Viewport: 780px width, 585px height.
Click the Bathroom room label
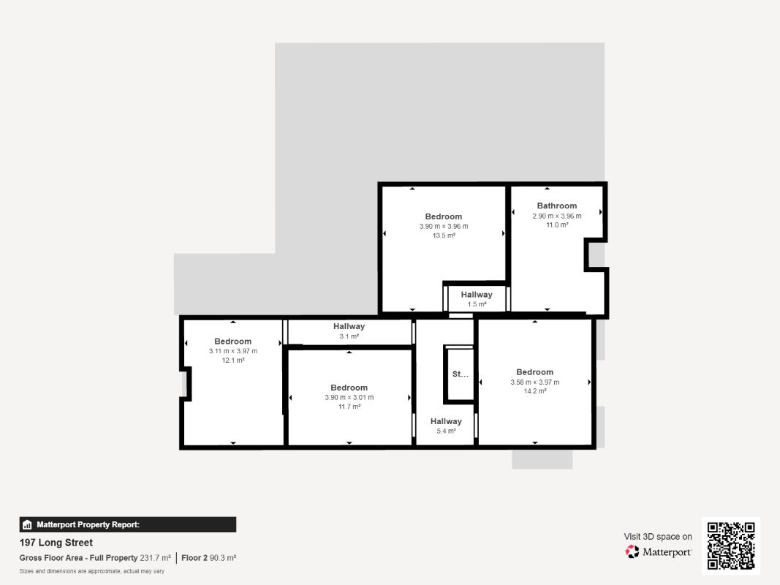(556, 205)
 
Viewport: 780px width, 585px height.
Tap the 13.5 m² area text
(444, 235)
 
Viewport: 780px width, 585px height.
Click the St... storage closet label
(460, 374)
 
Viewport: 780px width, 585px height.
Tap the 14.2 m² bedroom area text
(535, 391)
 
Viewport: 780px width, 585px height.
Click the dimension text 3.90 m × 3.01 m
(349, 398)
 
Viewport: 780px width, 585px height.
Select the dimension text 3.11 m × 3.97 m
(232, 351)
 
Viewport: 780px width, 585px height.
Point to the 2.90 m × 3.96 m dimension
(556, 216)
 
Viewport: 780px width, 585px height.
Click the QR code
(731, 546)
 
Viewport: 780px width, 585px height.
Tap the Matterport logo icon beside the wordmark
(632, 551)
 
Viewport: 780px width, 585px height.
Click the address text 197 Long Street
(56, 543)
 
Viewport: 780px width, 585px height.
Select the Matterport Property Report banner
(128, 525)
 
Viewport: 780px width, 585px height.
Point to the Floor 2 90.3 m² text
(208, 558)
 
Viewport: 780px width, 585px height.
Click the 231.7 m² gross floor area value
(155, 558)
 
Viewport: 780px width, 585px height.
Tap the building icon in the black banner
(27, 525)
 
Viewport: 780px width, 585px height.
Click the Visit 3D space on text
(658, 537)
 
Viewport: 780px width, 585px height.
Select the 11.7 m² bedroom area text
(349, 407)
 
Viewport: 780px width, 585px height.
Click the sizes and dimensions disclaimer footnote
(92, 571)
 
